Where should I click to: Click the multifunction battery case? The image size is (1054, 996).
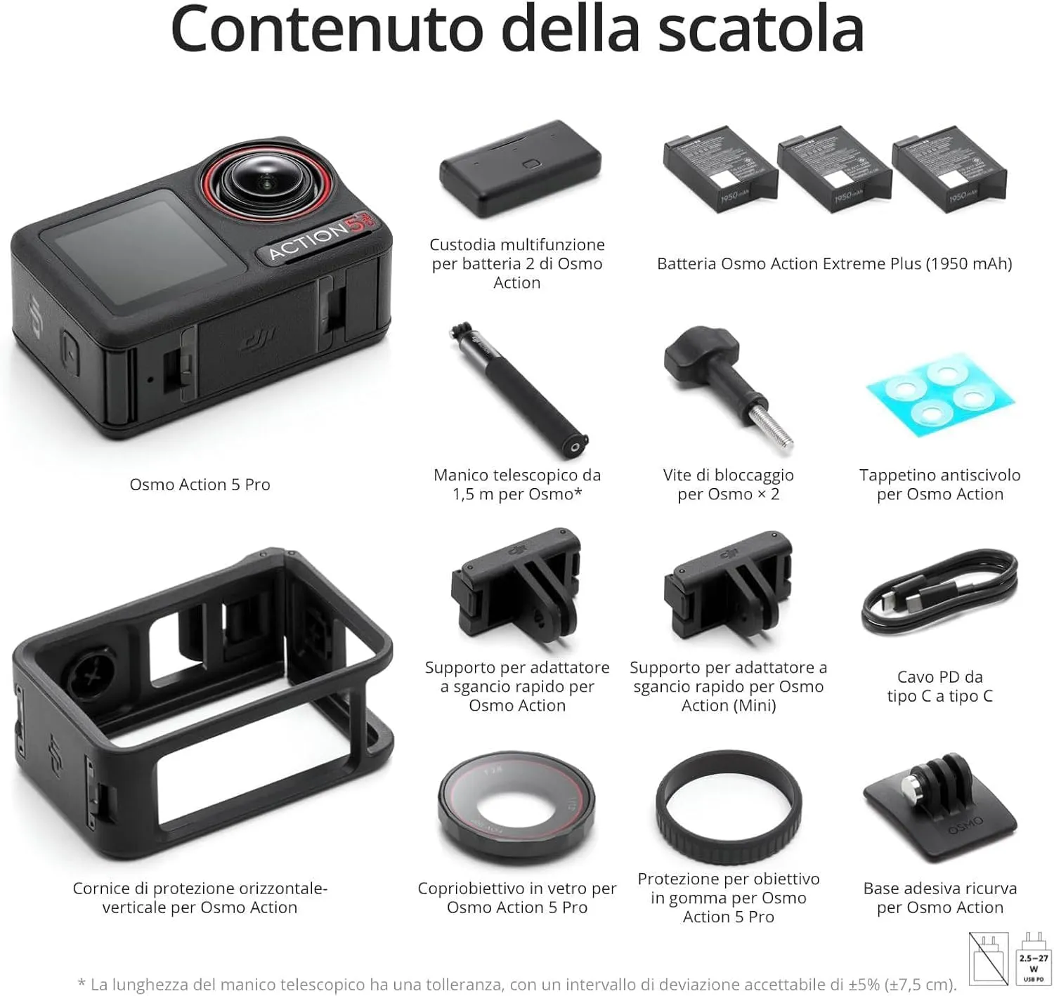(x=520, y=169)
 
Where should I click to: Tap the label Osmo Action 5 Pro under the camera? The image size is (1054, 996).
(x=200, y=485)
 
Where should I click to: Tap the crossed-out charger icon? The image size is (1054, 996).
(x=988, y=959)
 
